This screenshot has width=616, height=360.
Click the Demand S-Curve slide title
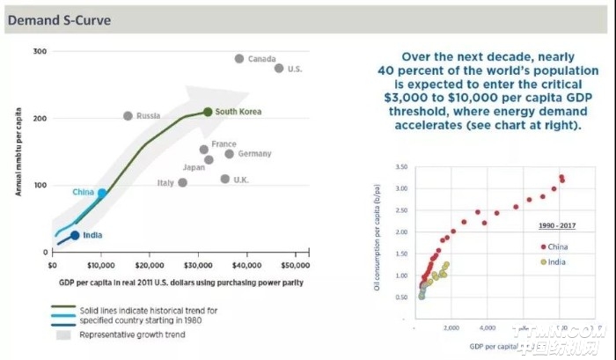tap(59, 18)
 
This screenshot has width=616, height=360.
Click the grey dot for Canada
tap(239, 59)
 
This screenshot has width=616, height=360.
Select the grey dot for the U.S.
tap(279, 68)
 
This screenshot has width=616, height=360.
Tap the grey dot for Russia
tap(128, 116)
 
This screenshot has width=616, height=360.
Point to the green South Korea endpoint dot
tap(208, 112)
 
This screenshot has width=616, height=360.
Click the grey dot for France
tap(204, 150)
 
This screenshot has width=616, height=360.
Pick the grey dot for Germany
tap(229, 154)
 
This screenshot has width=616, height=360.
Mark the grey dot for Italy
tap(182, 183)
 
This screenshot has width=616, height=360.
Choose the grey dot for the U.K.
tap(225, 179)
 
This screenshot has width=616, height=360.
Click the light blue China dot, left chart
tap(102, 194)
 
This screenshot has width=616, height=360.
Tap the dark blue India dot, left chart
tap(75, 235)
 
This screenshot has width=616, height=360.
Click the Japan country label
tap(194, 167)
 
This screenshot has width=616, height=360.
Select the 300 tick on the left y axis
tap(40, 52)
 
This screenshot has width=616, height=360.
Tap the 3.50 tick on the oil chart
tap(400, 166)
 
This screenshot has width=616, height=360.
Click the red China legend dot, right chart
tap(543, 247)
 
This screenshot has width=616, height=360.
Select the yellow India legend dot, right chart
tap(543, 261)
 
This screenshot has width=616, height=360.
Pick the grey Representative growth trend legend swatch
tap(62, 334)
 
